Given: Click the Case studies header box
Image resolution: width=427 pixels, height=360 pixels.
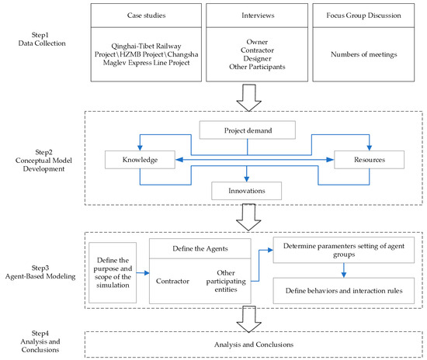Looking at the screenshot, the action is (x=146, y=16).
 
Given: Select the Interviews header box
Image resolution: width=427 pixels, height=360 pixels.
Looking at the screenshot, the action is (x=257, y=16).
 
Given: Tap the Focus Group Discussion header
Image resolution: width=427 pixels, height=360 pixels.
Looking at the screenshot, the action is (x=363, y=16).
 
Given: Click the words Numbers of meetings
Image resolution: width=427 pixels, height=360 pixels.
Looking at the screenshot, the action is (x=364, y=54).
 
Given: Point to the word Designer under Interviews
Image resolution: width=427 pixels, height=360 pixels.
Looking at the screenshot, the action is (x=257, y=58).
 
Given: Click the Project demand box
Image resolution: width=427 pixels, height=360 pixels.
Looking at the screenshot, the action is (x=248, y=130).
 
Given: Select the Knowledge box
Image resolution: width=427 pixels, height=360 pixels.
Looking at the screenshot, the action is (x=140, y=160).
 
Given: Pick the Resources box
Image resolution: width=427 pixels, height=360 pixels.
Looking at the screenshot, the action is (x=370, y=160).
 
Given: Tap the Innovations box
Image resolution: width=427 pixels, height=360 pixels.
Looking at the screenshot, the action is (x=246, y=191).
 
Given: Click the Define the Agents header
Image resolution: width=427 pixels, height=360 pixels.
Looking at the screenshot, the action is (x=200, y=249).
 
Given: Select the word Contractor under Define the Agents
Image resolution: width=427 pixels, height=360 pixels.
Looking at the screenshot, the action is (x=172, y=281).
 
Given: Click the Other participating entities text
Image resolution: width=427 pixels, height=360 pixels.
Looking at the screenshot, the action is (x=226, y=281).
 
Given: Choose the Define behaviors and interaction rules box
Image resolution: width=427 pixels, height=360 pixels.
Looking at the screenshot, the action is (x=344, y=291).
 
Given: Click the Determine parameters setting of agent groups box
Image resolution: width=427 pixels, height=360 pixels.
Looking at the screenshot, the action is (x=344, y=250).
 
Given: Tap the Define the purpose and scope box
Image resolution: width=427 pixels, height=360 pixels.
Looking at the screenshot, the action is (x=113, y=272).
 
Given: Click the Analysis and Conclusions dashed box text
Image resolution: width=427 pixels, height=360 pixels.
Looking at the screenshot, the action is (x=254, y=344).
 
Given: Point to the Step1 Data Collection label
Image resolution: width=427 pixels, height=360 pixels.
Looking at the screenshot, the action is (x=42, y=40).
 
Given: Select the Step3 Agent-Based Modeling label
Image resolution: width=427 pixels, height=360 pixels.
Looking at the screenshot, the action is (x=40, y=272).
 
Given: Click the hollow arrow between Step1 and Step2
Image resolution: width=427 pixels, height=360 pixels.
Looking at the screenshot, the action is (x=249, y=98).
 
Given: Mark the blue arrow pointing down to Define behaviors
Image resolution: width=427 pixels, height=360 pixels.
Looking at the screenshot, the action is (x=344, y=270).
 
